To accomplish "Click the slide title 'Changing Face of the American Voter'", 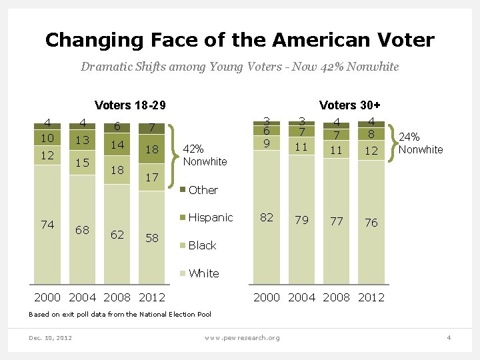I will (239, 40).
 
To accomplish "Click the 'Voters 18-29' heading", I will (130, 105).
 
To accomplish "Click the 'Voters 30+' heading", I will (350, 105).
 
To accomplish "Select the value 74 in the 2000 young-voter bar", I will (47, 225).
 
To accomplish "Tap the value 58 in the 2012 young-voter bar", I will (152, 238).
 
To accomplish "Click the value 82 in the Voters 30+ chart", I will (267, 217).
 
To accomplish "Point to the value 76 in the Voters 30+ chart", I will (371, 223).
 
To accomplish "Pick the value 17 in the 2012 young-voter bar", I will (152, 177).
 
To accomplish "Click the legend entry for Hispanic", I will (210, 217).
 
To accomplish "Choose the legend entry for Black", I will (202, 245).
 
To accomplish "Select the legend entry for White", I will (203, 273).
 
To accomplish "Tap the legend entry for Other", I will (203, 190).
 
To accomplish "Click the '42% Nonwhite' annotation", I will (205, 155).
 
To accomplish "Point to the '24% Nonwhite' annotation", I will (420, 143).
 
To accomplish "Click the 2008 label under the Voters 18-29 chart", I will (118, 297).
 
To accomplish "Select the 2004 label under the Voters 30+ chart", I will (301, 297).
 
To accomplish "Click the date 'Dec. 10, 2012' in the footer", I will (51, 337).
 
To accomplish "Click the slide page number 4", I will (449, 337).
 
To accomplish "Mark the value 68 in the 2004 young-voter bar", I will (83, 231).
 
